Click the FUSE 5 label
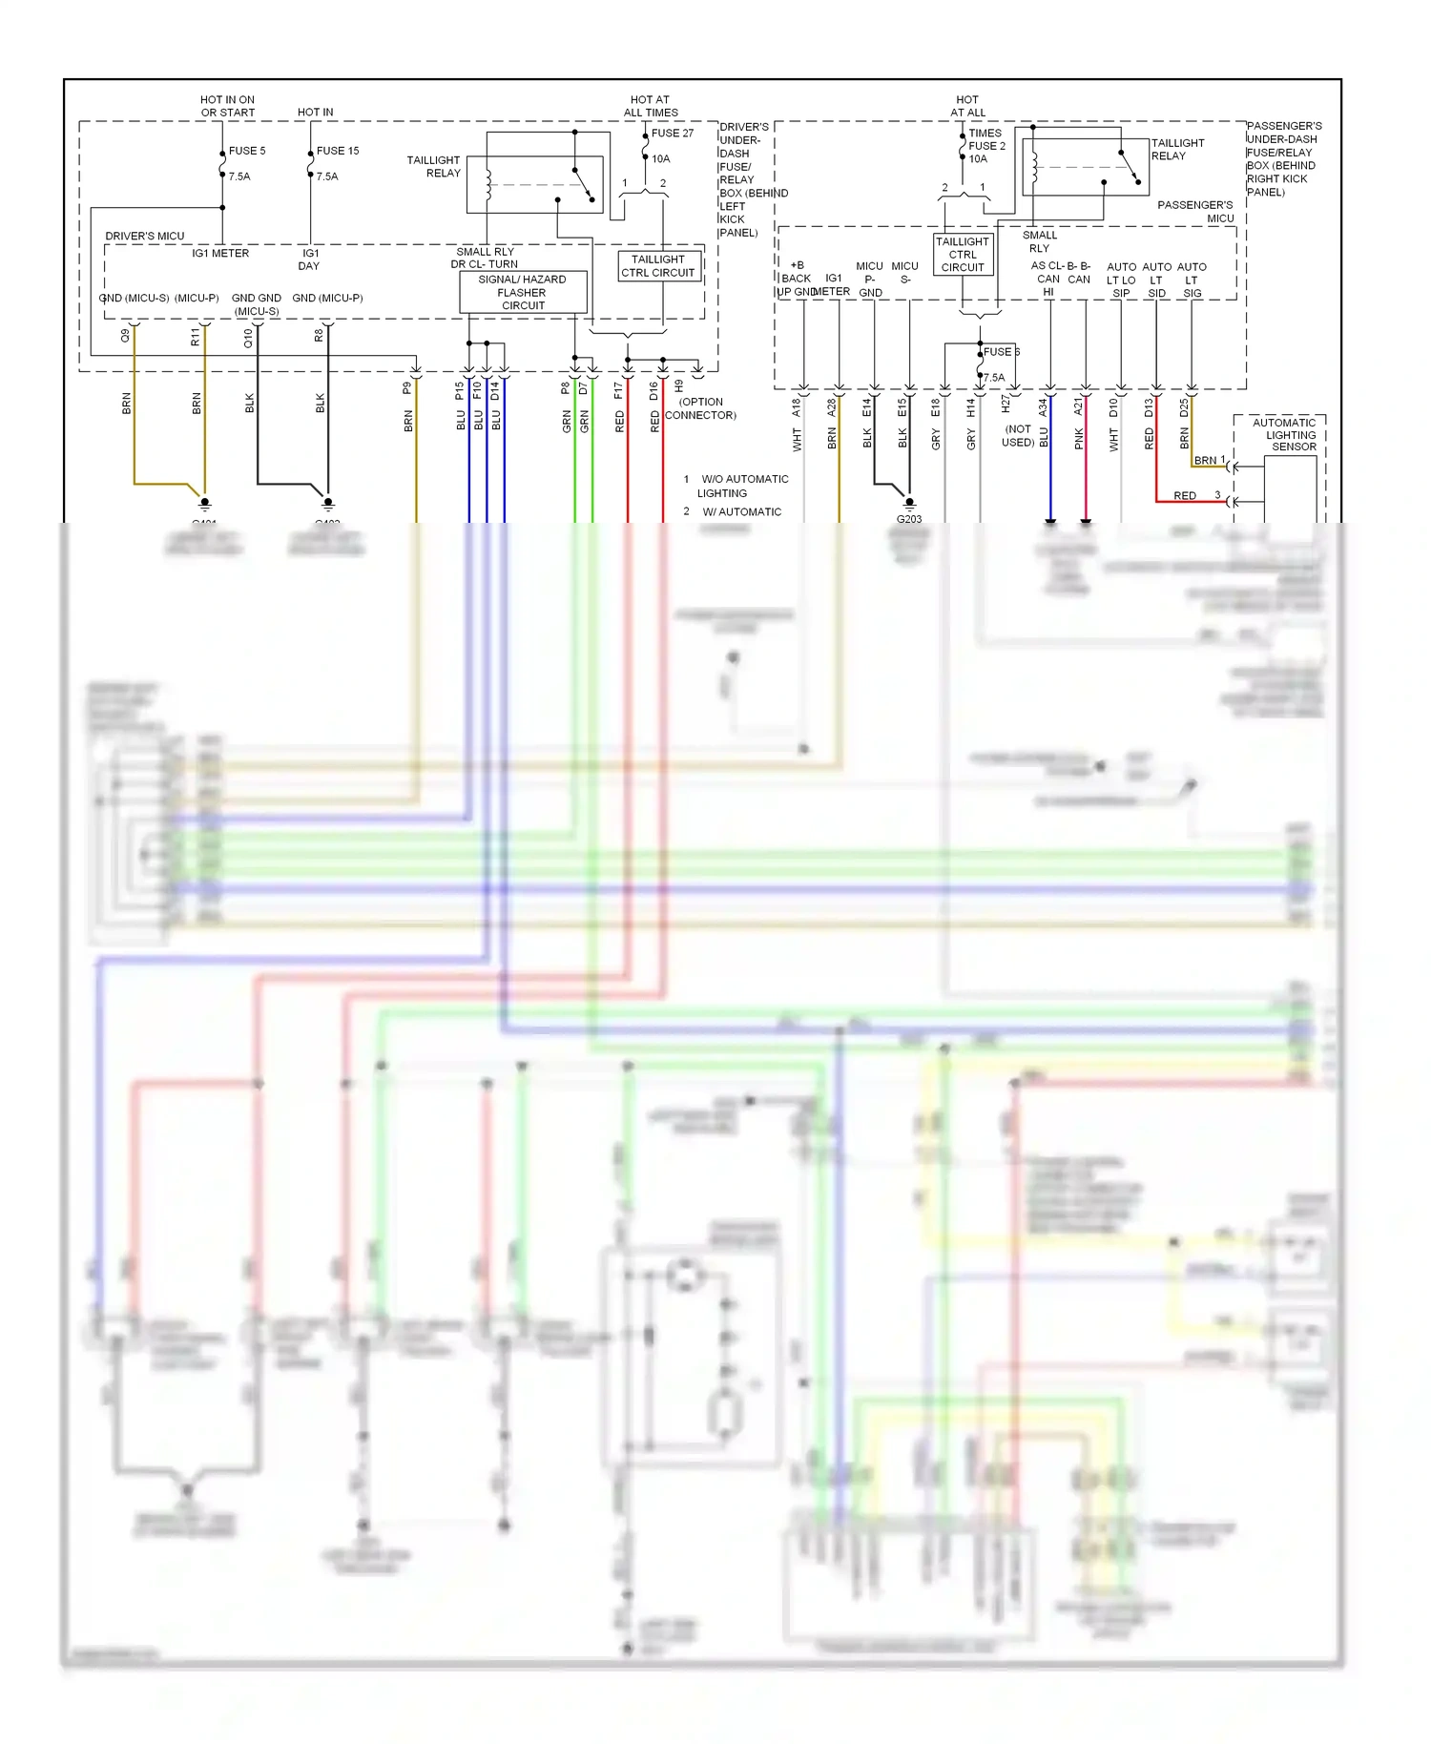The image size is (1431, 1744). pos(247,151)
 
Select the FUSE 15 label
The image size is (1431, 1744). pos(338,151)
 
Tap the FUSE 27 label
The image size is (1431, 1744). pos(673,134)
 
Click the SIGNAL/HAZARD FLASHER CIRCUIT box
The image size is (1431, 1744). pos(523,293)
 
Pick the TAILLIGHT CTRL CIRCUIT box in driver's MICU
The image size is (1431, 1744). pos(658,266)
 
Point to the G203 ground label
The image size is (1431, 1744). pos(909,519)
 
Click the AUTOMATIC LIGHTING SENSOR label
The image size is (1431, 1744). pos(1285,435)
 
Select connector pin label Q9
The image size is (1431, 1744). pos(125,336)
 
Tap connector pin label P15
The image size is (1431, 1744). pos(460,390)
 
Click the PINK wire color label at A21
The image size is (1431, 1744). pos(1079,438)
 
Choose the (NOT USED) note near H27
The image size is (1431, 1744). pos(1018,436)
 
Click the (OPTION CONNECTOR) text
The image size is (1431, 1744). pos(701,408)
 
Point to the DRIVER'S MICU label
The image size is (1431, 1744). pos(145,236)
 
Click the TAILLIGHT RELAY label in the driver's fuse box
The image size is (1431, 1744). pos(434,167)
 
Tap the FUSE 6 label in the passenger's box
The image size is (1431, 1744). pos(1001,352)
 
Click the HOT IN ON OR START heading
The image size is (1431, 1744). pos(227,106)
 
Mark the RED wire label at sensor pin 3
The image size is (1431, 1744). pos(1185,496)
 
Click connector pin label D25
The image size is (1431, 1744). pos(1185,407)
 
